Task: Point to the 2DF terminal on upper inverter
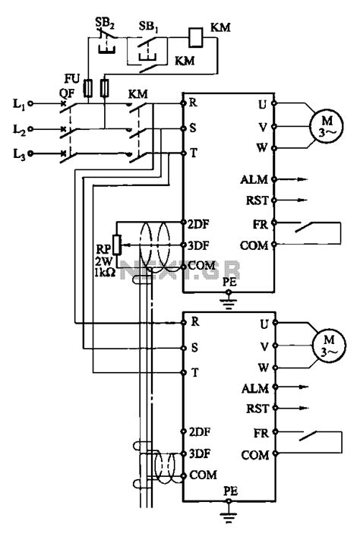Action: coord(199,222)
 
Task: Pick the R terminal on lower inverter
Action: coord(196,322)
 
